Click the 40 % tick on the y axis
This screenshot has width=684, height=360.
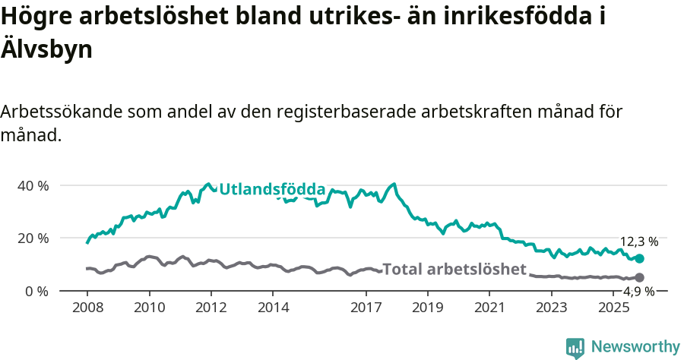click(33, 186)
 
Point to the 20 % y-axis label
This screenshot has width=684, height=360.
click(33, 238)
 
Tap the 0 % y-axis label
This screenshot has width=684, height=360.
click(36, 291)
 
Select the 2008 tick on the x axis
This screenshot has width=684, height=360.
click(87, 308)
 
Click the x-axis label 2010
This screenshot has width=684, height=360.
click(149, 308)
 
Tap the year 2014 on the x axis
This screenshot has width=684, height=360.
click(273, 308)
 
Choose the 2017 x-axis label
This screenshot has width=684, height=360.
click(366, 308)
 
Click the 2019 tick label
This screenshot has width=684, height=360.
click(428, 308)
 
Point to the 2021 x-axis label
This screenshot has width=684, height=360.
click(489, 308)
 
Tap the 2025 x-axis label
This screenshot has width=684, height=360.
click(613, 308)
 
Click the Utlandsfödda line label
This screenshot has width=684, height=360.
click(272, 189)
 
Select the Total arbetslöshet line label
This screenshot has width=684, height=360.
click(454, 270)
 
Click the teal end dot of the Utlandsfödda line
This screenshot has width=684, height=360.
click(639, 259)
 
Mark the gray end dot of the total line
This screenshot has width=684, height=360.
click(639, 278)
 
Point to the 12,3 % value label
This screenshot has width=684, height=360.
click(639, 242)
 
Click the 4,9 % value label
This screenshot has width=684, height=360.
click(639, 292)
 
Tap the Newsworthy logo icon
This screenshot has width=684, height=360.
click(575, 347)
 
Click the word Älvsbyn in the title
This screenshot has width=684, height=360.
click(47, 50)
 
